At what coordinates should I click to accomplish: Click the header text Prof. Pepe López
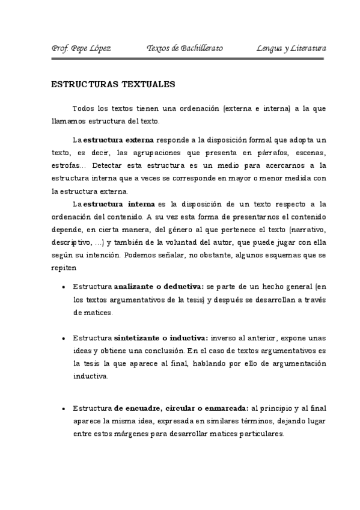[81, 48]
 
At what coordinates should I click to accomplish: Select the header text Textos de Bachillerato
[185, 48]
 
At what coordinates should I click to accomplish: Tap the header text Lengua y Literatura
[291, 48]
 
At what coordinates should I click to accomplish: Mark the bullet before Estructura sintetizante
[64, 338]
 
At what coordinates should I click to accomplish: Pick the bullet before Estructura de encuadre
[64, 409]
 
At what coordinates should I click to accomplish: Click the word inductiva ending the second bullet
[90, 376]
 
